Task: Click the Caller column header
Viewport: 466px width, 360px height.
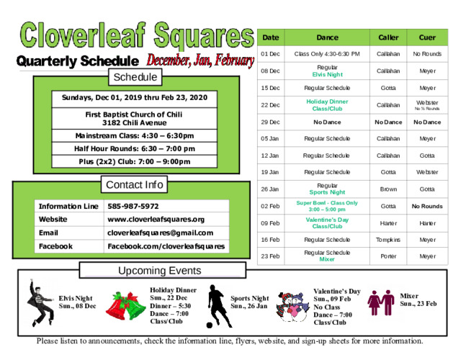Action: click(x=388, y=37)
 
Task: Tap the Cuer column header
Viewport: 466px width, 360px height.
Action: click(x=427, y=37)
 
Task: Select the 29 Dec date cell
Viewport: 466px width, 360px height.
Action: click(x=270, y=122)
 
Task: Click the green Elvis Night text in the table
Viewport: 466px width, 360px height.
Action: click(x=327, y=75)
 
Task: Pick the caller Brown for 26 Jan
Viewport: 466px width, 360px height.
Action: click(x=388, y=189)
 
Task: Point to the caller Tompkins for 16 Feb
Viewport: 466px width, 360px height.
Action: click(x=388, y=240)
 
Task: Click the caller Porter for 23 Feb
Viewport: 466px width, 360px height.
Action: click(x=388, y=256)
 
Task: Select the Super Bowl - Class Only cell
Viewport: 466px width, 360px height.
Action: click(x=327, y=206)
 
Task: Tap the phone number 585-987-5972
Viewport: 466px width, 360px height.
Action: click(x=133, y=206)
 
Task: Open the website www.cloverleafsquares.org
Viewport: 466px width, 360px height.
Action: click(x=156, y=220)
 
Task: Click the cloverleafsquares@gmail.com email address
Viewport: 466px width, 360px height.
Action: click(x=160, y=233)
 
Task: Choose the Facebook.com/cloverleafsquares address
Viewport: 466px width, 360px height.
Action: click(x=166, y=246)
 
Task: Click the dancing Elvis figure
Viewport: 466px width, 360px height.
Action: click(x=41, y=303)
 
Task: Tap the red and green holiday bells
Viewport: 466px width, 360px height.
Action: click(x=126, y=306)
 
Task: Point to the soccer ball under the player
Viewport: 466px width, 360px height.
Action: click(x=210, y=325)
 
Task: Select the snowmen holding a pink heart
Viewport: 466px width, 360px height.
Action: click(x=292, y=307)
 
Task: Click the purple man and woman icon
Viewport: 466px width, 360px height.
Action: click(x=381, y=302)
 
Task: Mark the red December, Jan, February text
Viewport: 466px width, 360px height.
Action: click(x=200, y=60)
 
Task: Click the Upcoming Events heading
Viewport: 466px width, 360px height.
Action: click(x=160, y=271)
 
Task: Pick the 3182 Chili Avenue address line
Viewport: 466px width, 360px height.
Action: click(x=135, y=123)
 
